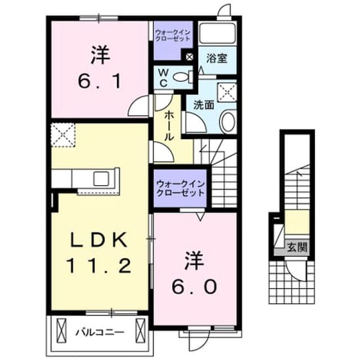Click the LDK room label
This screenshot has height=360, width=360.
(99, 240)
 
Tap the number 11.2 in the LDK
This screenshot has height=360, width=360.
(99, 265)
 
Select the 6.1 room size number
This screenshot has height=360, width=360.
(99, 82)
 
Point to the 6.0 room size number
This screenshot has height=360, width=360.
(195, 287)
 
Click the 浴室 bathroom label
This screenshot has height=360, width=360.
(217, 58)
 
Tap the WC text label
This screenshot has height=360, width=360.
(163, 78)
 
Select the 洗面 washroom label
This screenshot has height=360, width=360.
(204, 105)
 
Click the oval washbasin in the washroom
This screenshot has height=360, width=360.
(228, 121)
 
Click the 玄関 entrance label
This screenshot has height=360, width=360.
(297, 247)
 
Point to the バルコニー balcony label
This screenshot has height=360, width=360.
(100, 332)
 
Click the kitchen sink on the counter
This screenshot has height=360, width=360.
(101, 178)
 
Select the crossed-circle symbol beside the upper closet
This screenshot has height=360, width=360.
(190, 56)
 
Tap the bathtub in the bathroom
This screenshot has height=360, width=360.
(218, 33)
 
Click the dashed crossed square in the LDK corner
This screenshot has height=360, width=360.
(63, 135)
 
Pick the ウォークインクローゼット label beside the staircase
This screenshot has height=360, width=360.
(180, 188)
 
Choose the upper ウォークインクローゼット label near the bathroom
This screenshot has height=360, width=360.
(173, 35)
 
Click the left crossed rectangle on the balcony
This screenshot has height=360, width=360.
(61, 330)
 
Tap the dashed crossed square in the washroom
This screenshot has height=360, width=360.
(227, 92)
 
